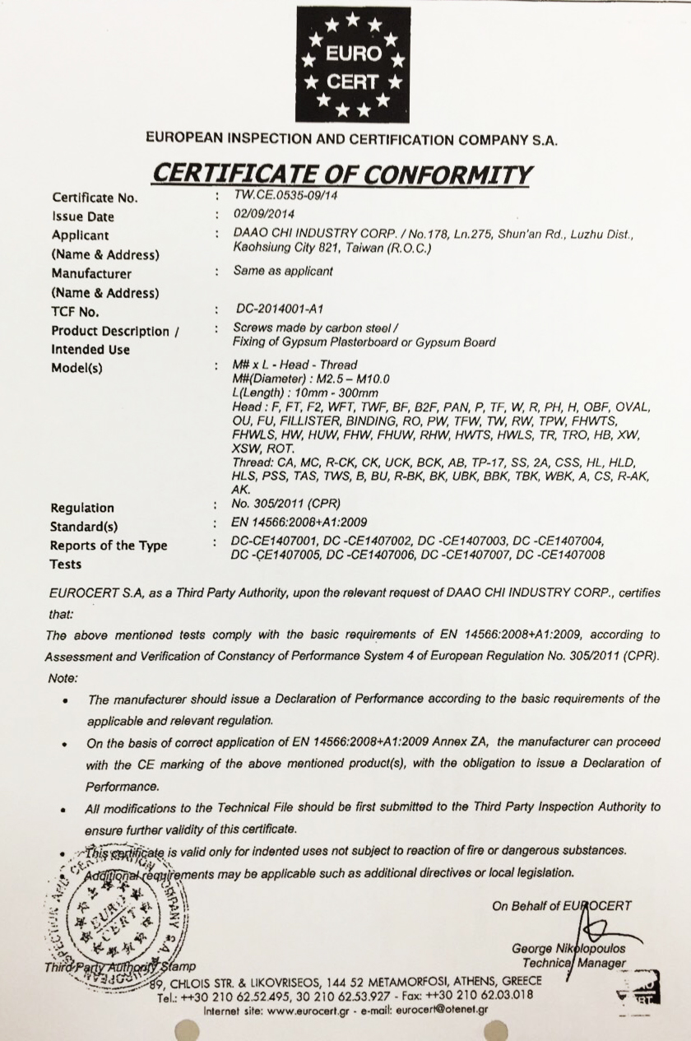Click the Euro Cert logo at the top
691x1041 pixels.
click(x=353, y=65)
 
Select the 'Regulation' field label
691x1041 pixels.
click(x=83, y=508)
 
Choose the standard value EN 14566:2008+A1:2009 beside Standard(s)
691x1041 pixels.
click(x=300, y=523)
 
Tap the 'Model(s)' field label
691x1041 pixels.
click(x=77, y=368)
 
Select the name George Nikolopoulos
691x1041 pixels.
click(x=568, y=949)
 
